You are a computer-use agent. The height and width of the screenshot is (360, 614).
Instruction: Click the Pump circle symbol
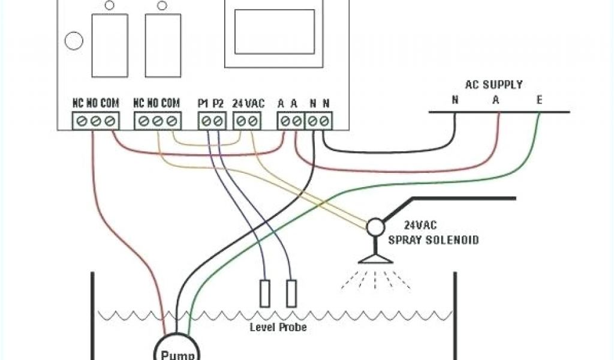(x=174, y=349)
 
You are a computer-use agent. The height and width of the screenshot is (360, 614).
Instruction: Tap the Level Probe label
(x=278, y=327)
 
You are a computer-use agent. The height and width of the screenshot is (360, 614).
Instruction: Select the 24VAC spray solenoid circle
(x=376, y=226)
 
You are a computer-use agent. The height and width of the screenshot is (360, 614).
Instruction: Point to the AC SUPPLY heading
(x=493, y=85)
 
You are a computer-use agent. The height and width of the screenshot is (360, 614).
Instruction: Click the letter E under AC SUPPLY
(x=539, y=100)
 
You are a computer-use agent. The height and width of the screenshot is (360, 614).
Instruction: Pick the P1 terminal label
(x=203, y=103)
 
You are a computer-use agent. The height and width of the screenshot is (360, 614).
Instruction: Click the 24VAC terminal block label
(x=248, y=103)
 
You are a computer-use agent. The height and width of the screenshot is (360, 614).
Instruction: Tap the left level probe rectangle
(x=264, y=293)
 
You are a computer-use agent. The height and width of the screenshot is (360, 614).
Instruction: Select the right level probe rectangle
(x=291, y=293)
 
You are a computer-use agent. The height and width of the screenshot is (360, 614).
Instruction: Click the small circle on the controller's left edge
(x=73, y=41)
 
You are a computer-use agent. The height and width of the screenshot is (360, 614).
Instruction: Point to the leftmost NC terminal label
(x=78, y=103)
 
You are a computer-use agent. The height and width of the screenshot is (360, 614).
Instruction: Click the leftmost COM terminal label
(x=109, y=103)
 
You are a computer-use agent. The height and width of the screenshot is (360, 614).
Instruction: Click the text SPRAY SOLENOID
(x=434, y=240)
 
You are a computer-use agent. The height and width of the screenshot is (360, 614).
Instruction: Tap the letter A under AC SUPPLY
(x=496, y=100)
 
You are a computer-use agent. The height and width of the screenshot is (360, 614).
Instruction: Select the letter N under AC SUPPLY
(x=455, y=100)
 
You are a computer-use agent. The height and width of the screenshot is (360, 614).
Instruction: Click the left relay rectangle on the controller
(x=109, y=45)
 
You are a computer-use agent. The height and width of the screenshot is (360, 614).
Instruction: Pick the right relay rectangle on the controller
(x=162, y=45)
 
